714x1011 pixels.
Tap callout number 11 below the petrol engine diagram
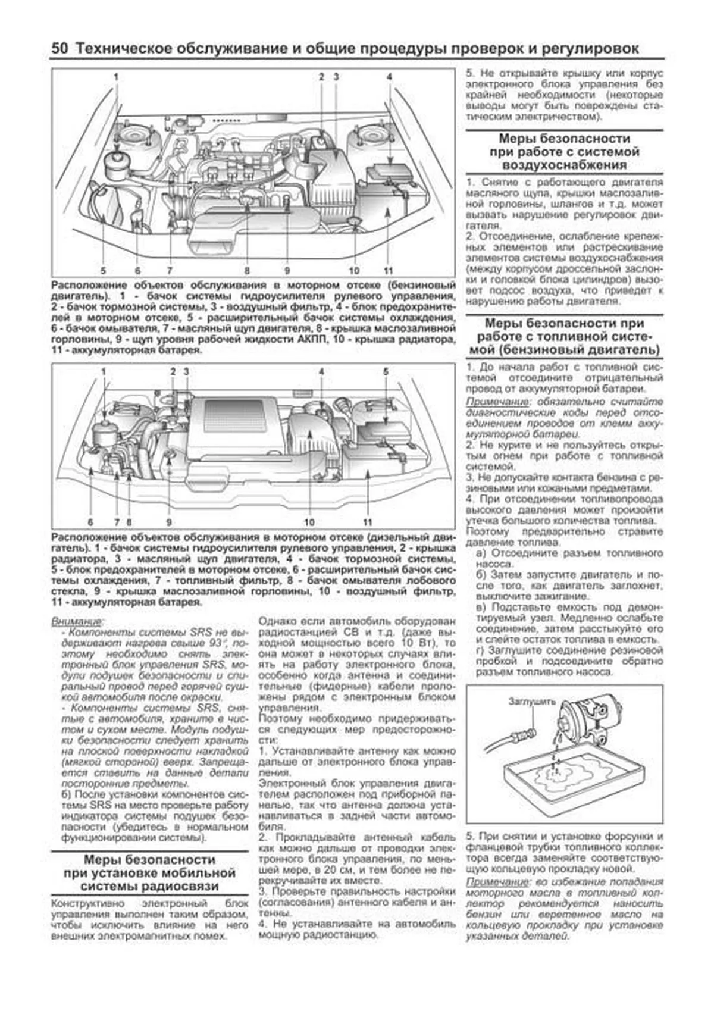click(x=389, y=270)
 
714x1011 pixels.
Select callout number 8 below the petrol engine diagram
click(x=247, y=270)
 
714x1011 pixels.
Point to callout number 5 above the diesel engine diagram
click(x=386, y=372)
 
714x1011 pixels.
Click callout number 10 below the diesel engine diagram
click(x=309, y=522)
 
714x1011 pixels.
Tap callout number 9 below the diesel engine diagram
click(x=168, y=522)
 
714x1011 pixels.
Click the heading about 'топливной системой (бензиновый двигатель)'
click(x=564, y=336)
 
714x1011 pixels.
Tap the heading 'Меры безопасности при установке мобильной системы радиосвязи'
click(x=150, y=873)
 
